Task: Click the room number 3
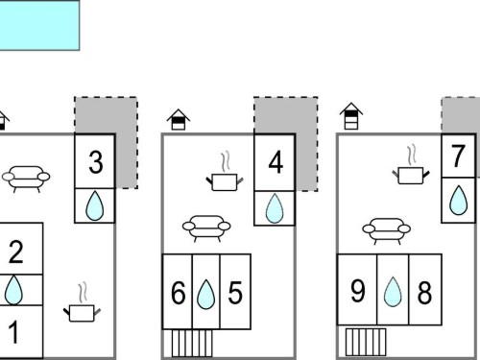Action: pyautogui.click(x=96, y=162)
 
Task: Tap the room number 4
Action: pyautogui.click(x=276, y=162)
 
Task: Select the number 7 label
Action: pyautogui.click(x=458, y=156)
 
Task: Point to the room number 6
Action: pyautogui.click(x=178, y=293)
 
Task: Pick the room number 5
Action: pyautogui.click(x=235, y=293)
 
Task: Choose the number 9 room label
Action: pyautogui.click(x=358, y=291)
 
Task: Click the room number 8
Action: pyautogui.click(x=424, y=293)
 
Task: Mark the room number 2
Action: pyautogui.click(x=15, y=252)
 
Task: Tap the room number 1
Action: pyautogui.click(x=13, y=333)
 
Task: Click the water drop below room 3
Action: pyautogui.click(x=95, y=205)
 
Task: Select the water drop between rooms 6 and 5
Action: pyautogui.click(x=206, y=295)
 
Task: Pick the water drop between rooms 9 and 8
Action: pyautogui.click(x=393, y=292)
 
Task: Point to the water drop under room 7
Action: pyautogui.click(x=458, y=200)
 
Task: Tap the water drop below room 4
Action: pyautogui.click(x=275, y=208)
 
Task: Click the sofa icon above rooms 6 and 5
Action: pyautogui.click(x=206, y=228)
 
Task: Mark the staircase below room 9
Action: pyautogui.click(x=366, y=342)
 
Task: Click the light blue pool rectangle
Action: pyautogui.click(x=39, y=25)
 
